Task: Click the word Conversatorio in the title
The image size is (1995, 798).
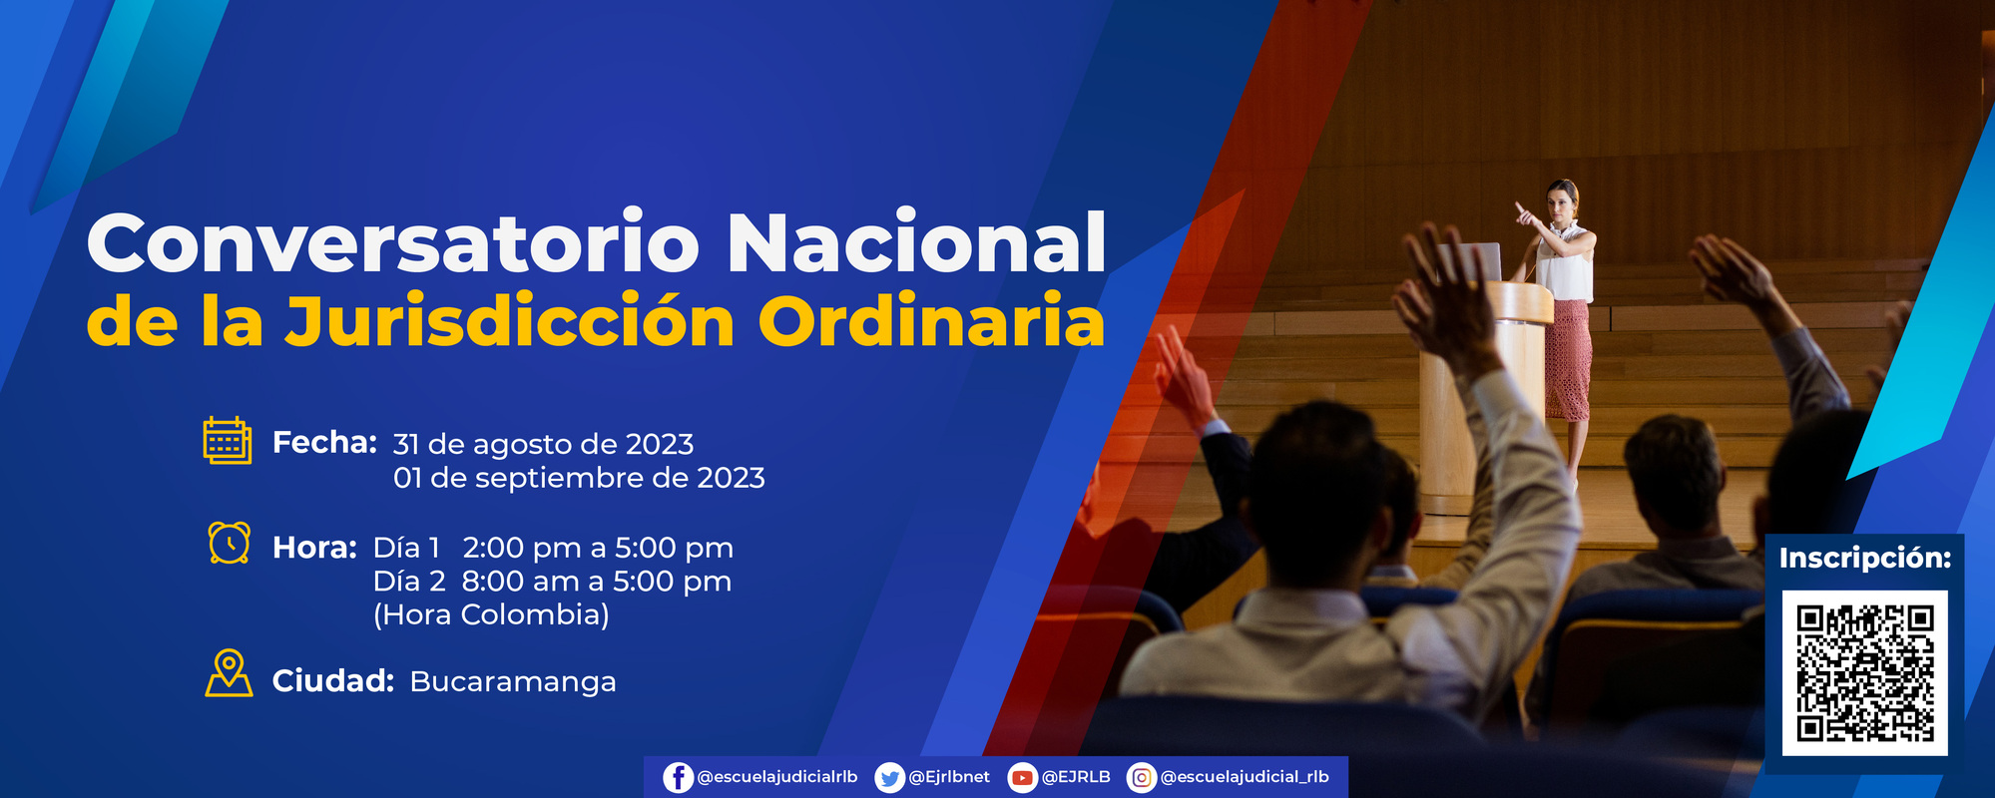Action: [x=392, y=244]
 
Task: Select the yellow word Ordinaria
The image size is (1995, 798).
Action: [x=930, y=322]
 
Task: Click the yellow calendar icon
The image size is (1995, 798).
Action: [x=227, y=440]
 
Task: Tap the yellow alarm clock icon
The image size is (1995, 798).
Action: [x=229, y=543]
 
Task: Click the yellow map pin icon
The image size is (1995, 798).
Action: [x=229, y=673]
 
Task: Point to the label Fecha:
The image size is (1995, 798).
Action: [x=324, y=442]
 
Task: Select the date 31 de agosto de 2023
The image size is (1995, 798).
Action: [x=543, y=444]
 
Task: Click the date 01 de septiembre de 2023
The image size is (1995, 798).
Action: [x=579, y=478]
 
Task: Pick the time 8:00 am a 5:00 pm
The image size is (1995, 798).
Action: [x=596, y=581]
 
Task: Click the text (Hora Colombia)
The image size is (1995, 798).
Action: [x=491, y=614]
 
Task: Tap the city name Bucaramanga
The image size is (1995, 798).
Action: [x=513, y=681]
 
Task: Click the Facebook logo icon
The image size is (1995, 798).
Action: [x=678, y=777]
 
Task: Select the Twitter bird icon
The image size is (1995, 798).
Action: [x=889, y=777]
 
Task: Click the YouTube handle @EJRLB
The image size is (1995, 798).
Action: [x=1076, y=777]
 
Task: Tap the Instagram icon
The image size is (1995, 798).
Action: [x=1142, y=777]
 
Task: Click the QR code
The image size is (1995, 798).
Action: [x=1864, y=673]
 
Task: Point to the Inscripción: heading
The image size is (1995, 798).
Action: [x=1864, y=558]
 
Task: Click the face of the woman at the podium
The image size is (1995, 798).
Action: [x=1560, y=200]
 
